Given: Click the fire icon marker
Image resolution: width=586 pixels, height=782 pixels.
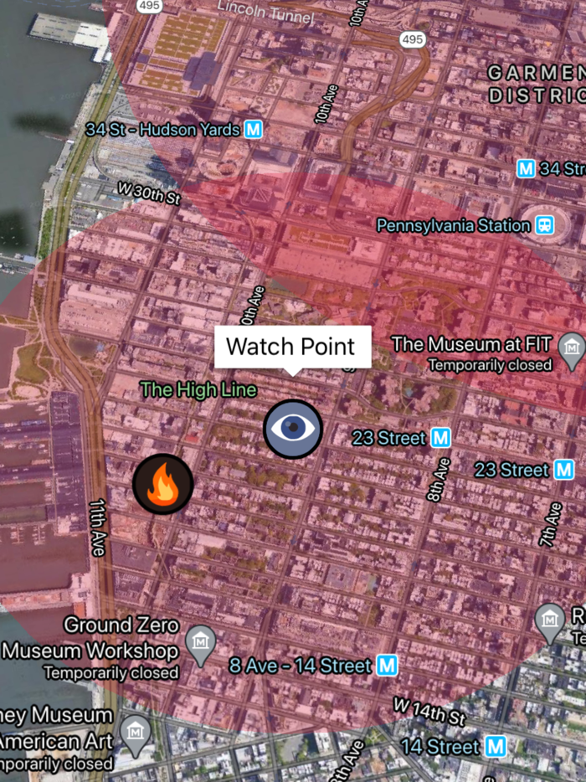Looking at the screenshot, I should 163,484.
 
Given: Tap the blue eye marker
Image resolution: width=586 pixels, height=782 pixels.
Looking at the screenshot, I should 293,429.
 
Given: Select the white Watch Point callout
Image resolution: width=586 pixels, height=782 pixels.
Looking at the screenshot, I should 290,347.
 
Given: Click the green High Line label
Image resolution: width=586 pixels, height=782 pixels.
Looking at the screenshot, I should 198,389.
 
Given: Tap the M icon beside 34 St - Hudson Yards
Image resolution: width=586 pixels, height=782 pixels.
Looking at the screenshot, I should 254,130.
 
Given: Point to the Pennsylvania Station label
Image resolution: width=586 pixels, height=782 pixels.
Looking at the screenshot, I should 453,225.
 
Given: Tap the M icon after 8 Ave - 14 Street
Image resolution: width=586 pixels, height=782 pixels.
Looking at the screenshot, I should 386,666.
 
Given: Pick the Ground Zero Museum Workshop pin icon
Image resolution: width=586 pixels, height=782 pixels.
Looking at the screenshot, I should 200,642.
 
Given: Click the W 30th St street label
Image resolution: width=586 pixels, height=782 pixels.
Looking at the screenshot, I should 149,193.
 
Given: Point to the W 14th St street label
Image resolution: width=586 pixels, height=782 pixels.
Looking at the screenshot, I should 429,713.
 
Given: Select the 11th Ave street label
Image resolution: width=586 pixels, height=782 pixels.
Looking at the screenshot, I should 97,528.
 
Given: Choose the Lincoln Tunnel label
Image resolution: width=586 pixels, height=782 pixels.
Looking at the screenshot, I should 265,12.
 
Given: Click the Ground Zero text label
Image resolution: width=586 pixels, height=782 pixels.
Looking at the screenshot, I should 121,625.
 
